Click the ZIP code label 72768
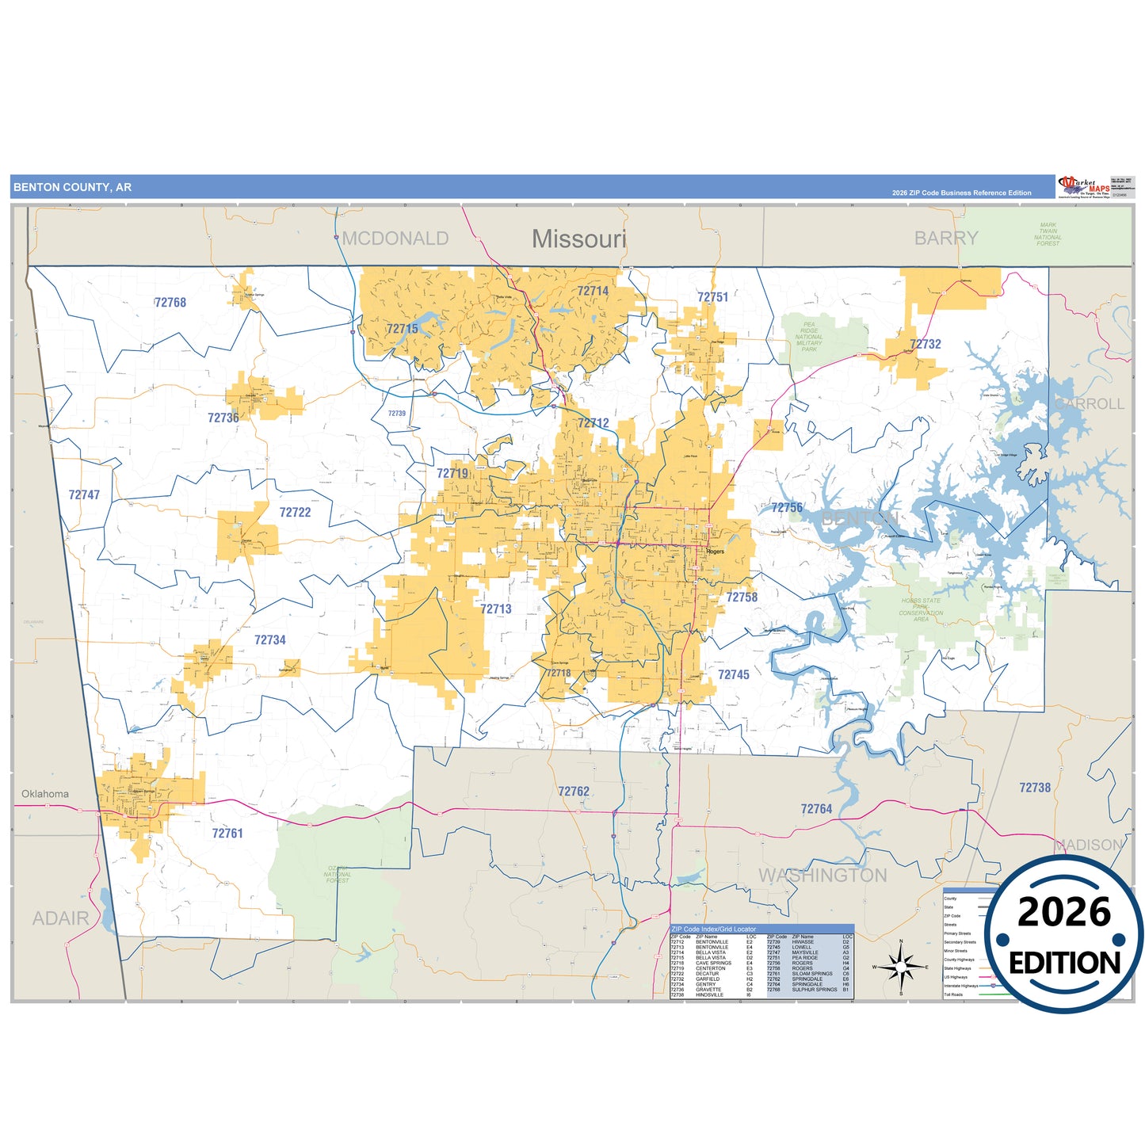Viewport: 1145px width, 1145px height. click(170, 303)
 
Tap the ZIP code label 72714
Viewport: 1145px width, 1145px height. click(593, 292)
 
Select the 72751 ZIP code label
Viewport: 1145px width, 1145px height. click(712, 297)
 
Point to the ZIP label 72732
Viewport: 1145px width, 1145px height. click(926, 344)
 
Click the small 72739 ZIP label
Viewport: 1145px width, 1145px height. click(397, 413)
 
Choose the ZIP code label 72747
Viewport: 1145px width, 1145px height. click(84, 495)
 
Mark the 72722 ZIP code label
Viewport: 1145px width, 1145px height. click(295, 513)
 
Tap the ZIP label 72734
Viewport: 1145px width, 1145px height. click(270, 640)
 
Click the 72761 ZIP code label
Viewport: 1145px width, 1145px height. click(227, 834)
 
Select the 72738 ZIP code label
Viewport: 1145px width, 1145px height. click(1035, 788)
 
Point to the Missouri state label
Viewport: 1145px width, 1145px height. click(579, 239)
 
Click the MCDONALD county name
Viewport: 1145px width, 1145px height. click(395, 239)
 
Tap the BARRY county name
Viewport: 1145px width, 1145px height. click(946, 239)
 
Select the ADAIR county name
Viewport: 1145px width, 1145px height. click(61, 918)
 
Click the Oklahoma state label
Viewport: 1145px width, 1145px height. click(45, 794)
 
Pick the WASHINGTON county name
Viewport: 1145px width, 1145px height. click(822, 876)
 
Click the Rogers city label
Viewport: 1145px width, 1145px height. click(716, 552)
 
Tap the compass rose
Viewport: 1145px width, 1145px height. click(901, 967)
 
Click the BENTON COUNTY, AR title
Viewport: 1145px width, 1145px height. click(73, 188)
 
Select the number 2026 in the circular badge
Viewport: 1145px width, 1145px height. click(1064, 912)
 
